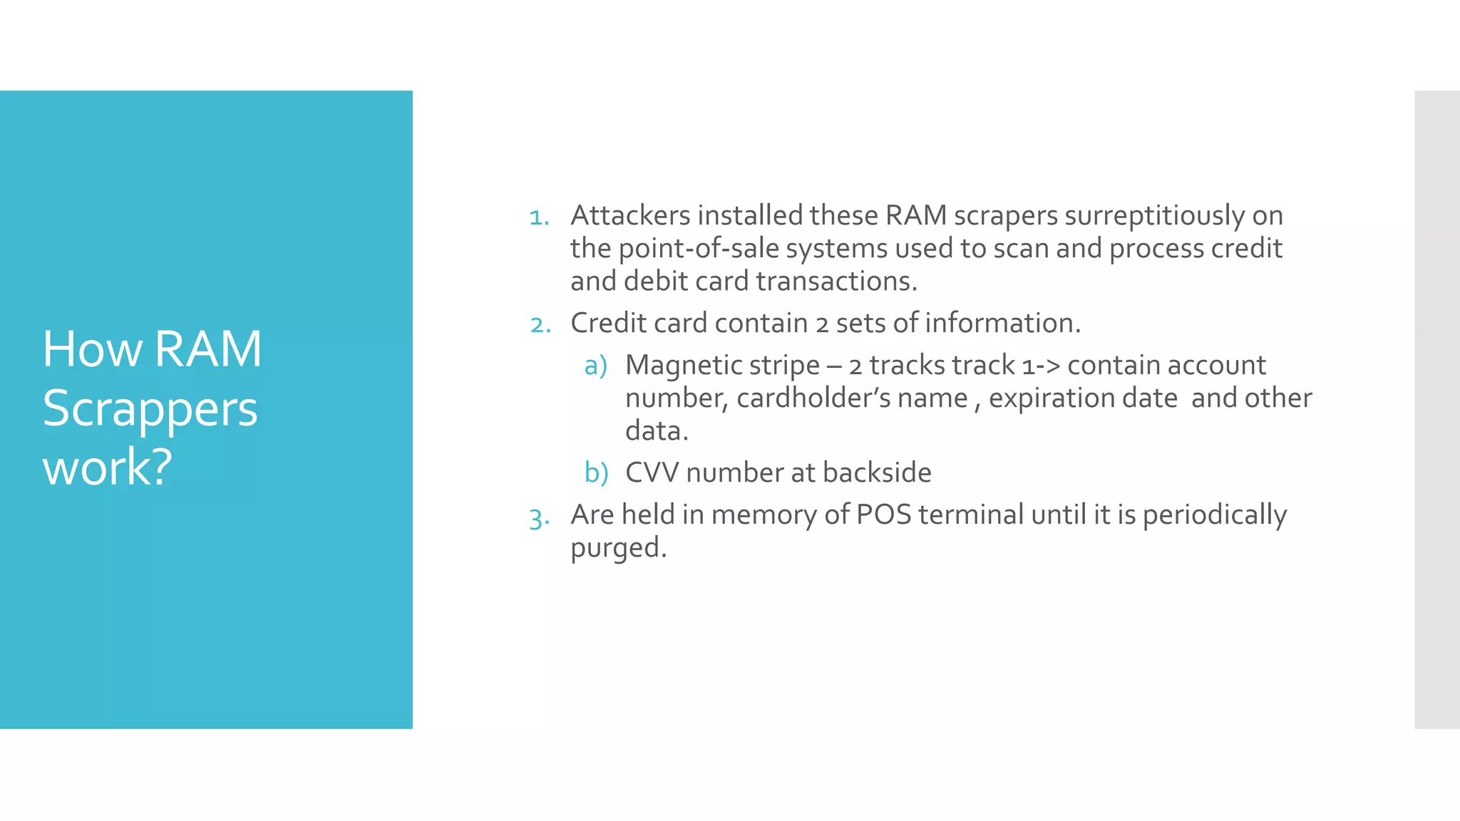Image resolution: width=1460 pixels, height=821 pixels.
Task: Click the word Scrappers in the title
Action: (150, 410)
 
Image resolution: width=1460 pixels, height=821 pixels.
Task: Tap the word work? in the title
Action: (107, 468)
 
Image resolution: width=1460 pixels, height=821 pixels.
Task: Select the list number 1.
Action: (539, 217)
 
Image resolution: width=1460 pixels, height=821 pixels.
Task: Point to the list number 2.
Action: (540, 325)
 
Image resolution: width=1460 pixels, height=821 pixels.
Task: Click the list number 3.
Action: (539, 517)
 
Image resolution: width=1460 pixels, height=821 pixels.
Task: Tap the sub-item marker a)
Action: (595, 366)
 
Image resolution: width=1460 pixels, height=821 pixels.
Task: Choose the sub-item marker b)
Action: (596, 473)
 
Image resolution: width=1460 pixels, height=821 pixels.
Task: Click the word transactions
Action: (836, 282)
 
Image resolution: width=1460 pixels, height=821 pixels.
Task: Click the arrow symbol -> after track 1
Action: (1048, 366)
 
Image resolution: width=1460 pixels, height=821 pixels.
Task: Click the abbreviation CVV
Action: (652, 473)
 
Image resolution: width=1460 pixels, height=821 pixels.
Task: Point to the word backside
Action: (876, 473)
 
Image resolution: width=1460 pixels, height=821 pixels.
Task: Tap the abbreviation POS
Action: (883, 515)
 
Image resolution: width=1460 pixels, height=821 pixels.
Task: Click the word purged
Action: (618, 548)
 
